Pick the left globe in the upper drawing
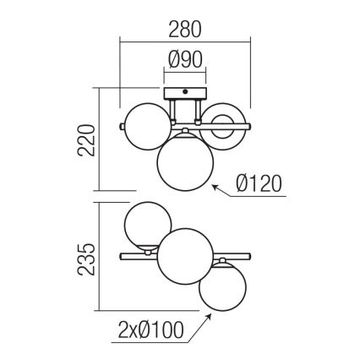[x=145, y=124]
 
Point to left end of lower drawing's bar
[x=123, y=254]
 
